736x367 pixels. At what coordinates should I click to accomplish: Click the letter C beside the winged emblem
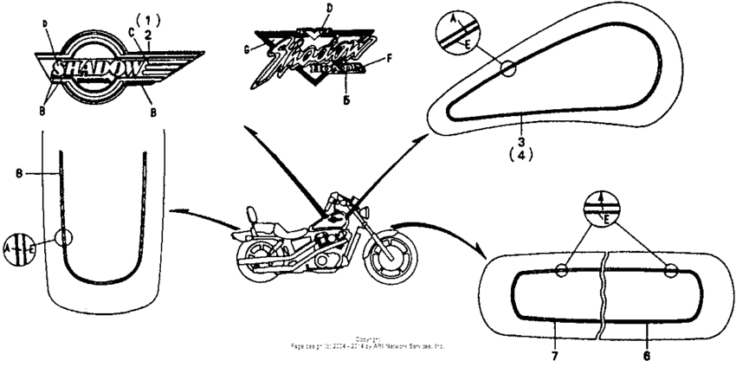pos(132,32)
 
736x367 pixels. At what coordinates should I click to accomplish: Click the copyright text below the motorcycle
pos(369,342)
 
